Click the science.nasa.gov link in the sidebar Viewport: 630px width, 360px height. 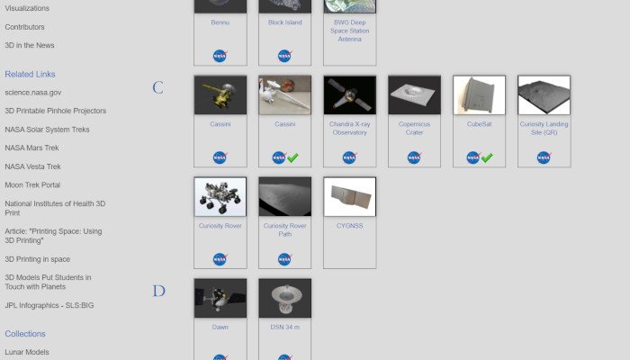pyautogui.click(x=33, y=92)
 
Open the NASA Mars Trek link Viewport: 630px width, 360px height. pyautogui.click(x=32, y=148)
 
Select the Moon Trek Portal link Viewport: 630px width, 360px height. pyautogui.click(x=32, y=184)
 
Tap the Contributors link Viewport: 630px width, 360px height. pyautogui.click(x=24, y=27)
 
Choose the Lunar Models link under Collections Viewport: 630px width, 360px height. pyautogui.click(x=27, y=352)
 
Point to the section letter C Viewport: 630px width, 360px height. pyautogui.click(x=157, y=88)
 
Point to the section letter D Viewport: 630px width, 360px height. pyautogui.click(x=158, y=292)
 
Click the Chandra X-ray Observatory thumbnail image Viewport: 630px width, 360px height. pyautogui.click(x=349, y=95)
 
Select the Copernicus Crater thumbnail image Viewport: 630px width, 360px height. pyautogui.click(x=414, y=95)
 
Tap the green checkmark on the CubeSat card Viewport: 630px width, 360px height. pyautogui.click(x=487, y=157)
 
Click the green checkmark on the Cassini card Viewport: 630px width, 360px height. pyautogui.click(x=292, y=157)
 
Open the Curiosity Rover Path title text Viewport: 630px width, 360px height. pyautogui.click(x=284, y=229)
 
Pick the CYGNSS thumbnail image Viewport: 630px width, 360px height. pyautogui.click(x=349, y=196)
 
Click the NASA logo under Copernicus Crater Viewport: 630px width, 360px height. pyautogui.click(x=414, y=157)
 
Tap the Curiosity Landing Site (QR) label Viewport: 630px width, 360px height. pyautogui.click(x=544, y=128)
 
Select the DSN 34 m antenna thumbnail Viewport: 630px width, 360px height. pyautogui.click(x=284, y=298)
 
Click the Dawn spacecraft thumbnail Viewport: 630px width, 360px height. pyautogui.click(x=220, y=298)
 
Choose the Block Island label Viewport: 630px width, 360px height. pyautogui.click(x=284, y=22)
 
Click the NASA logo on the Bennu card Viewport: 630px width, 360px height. pyautogui.click(x=220, y=56)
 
